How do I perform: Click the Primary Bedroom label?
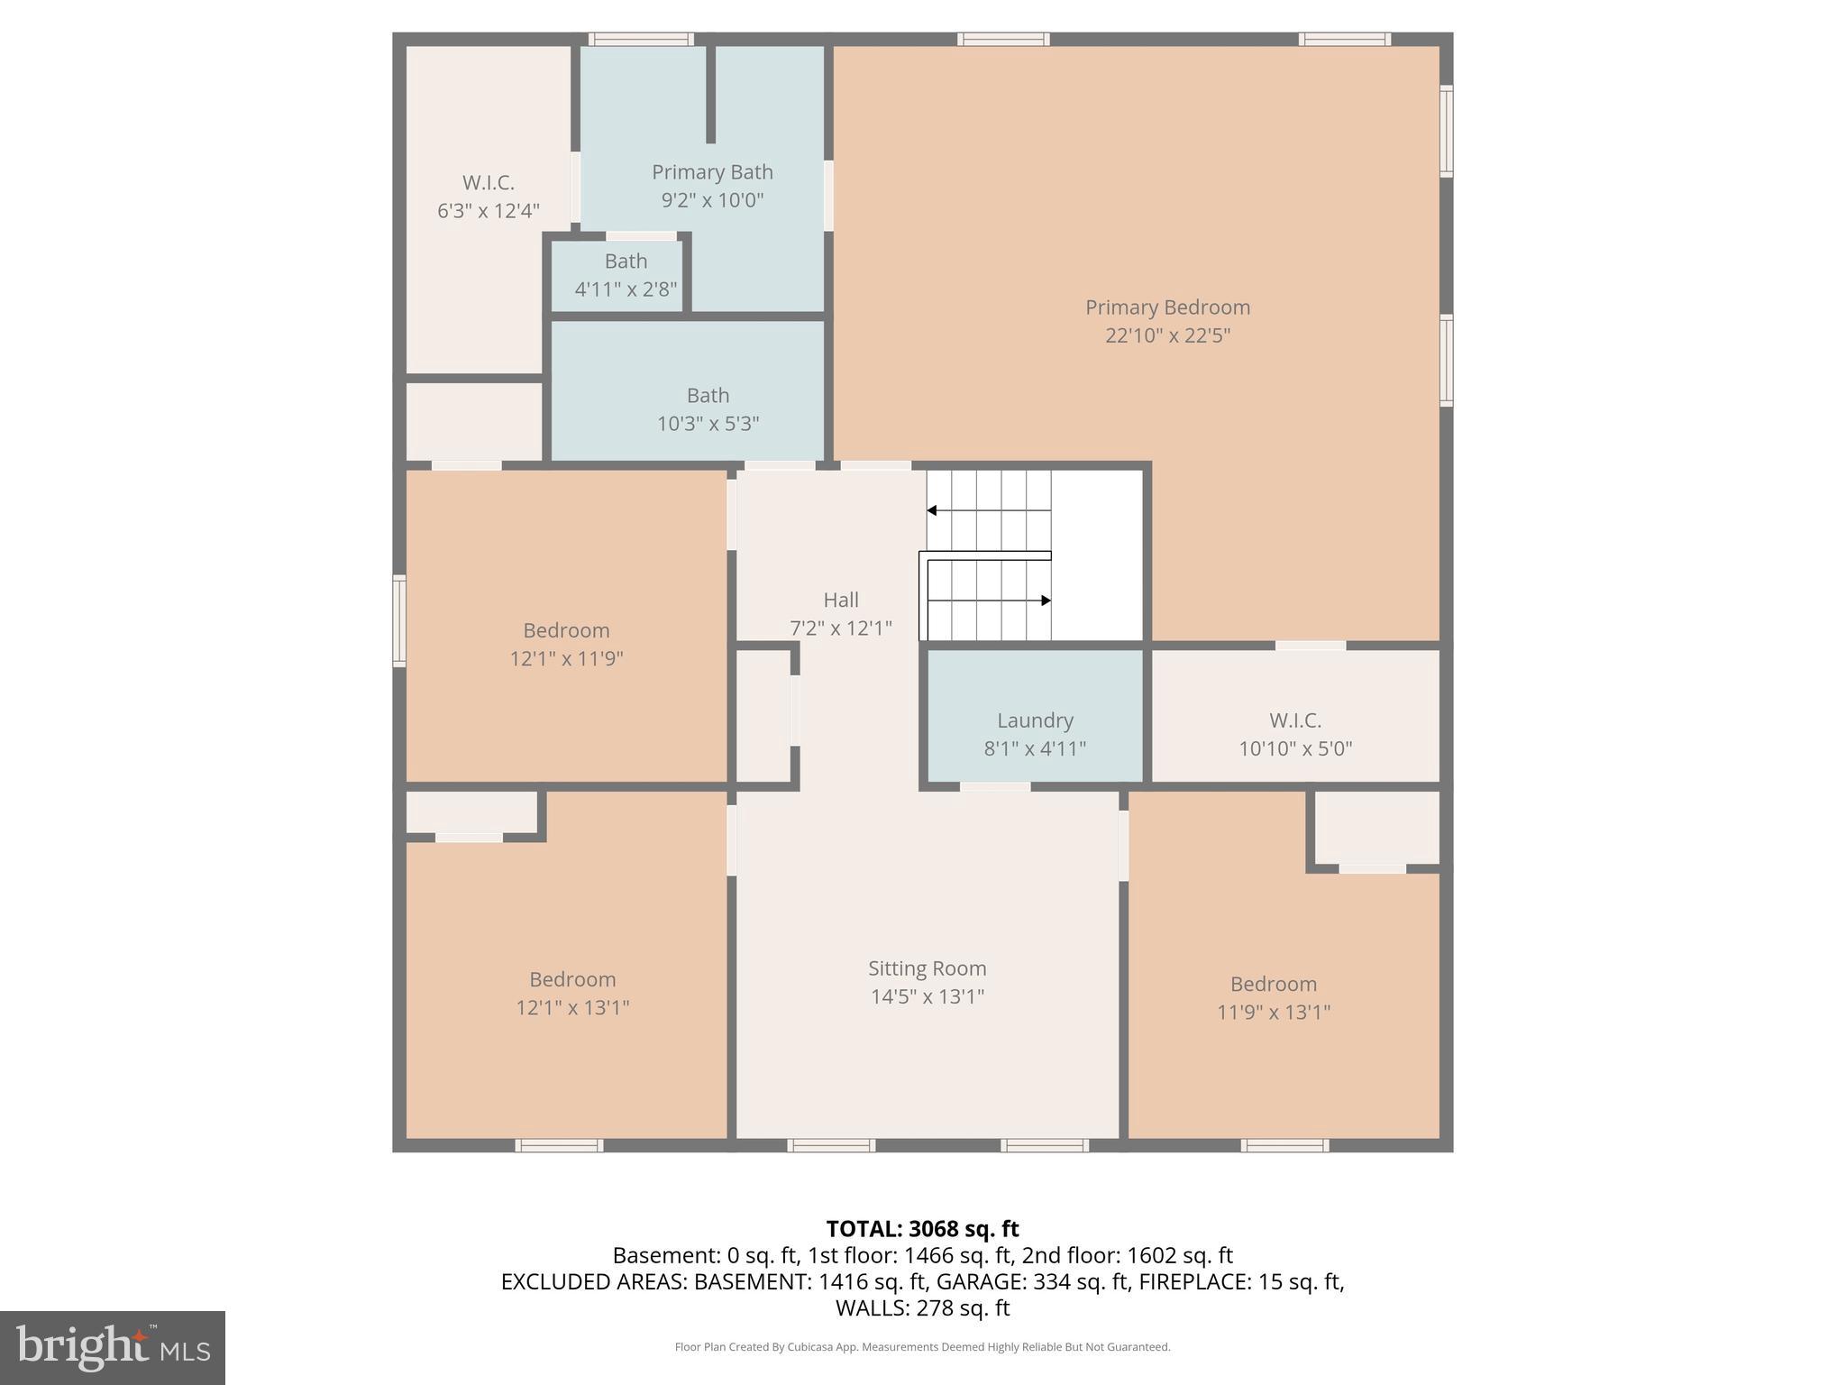(x=1167, y=307)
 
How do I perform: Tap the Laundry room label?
(x=1035, y=720)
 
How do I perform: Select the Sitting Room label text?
(x=927, y=968)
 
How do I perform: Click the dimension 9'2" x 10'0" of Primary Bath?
(x=712, y=200)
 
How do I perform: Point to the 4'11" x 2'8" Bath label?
(x=626, y=275)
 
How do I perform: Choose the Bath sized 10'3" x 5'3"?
(x=708, y=408)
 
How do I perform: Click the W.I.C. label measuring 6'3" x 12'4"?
(x=488, y=196)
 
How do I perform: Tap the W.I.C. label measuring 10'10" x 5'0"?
(x=1294, y=734)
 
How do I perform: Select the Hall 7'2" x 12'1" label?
(x=840, y=613)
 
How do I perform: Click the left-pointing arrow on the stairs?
(x=933, y=511)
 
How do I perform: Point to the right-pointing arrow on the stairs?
(x=1046, y=601)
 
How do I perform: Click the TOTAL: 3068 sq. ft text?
(x=922, y=1229)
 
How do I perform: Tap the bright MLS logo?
(x=112, y=1347)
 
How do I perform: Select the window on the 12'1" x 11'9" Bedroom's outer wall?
(x=398, y=621)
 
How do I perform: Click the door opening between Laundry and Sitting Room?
(x=994, y=787)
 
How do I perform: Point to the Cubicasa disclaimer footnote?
(x=922, y=1347)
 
